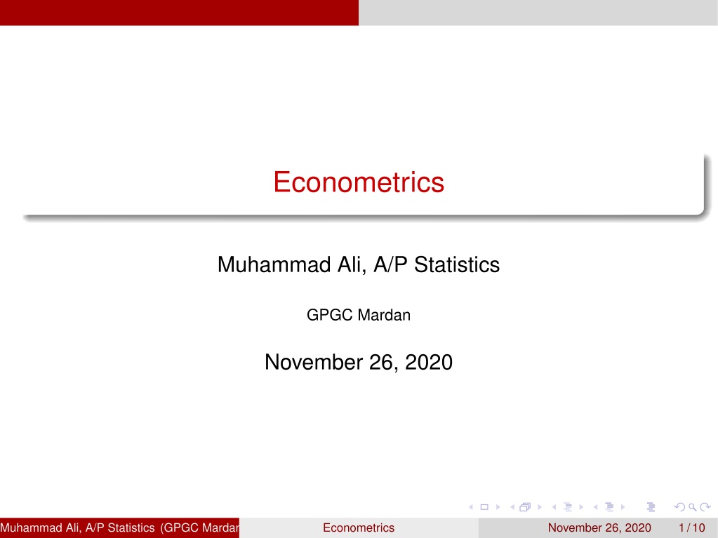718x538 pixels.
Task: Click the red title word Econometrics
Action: pos(359,182)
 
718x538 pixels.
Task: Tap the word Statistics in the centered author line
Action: pos(456,264)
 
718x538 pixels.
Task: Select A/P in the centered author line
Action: pos(390,264)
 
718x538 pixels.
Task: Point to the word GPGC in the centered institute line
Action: pos(329,315)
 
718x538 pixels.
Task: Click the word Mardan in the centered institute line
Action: pos(384,315)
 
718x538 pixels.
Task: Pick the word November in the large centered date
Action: pos(314,363)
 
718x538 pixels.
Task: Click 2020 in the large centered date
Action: pos(429,363)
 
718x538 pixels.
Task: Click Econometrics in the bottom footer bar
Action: pos(359,527)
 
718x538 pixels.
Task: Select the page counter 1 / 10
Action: pos(692,527)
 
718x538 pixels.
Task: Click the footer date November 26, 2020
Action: pos(599,527)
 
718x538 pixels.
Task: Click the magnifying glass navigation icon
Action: pos(693,507)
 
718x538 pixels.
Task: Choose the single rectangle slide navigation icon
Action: pos(484,507)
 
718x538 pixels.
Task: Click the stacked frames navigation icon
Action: pos(525,507)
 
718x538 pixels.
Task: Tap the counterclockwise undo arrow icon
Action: pos(679,507)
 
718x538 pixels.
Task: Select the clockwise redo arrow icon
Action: pos(705,507)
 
